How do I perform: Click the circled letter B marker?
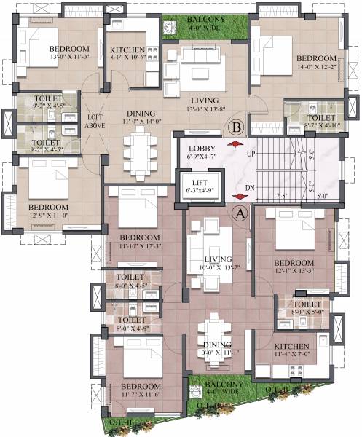235,127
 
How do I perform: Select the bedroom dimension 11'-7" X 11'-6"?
141,395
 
